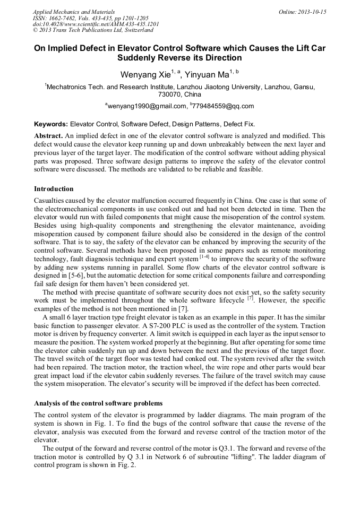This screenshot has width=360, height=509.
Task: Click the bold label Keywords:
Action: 51,123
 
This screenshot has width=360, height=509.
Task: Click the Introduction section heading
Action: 54,188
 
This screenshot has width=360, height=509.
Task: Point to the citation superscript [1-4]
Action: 204,257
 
